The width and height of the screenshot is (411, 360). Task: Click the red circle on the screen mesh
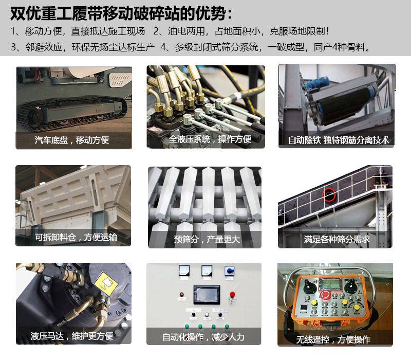coord(329,194)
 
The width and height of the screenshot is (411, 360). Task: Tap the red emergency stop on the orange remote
coord(326,293)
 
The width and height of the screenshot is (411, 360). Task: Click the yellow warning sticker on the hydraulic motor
coord(106,283)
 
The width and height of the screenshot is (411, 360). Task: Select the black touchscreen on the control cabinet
coord(207,294)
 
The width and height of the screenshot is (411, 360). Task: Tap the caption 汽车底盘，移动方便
coord(72,140)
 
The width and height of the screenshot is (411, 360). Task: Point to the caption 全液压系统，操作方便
coord(210,139)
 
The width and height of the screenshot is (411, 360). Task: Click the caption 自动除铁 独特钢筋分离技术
coord(338,140)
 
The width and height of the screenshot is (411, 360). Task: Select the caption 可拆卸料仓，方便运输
coord(76,237)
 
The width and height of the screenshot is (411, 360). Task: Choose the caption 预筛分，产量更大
coord(207,239)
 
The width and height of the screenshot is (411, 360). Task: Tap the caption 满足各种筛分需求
coord(337,239)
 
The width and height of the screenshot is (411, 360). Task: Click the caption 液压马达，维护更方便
coord(72,336)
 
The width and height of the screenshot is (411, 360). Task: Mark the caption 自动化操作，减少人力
coord(203,337)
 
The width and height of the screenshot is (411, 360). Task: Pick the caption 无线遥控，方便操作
coord(333,339)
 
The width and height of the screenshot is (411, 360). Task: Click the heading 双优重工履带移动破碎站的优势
coord(118,13)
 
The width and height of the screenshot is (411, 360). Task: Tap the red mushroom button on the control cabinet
coord(232,294)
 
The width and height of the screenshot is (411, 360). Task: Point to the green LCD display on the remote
coord(330,284)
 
